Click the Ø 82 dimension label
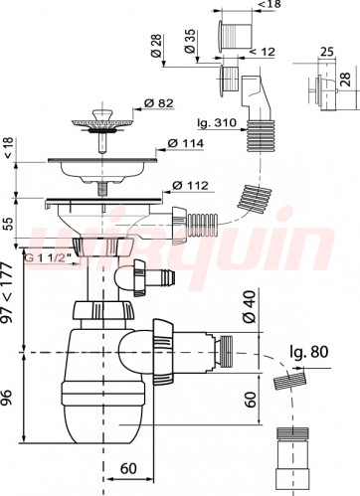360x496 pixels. (x=158, y=103)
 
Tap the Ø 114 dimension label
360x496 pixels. (x=185, y=143)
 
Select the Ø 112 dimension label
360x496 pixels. (x=190, y=186)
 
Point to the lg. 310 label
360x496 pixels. (x=217, y=123)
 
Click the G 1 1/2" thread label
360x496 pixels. (x=49, y=258)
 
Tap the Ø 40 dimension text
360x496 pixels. (x=250, y=306)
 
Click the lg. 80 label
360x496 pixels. (x=309, y=352)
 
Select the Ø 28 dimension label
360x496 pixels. (x=157, y=46)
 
